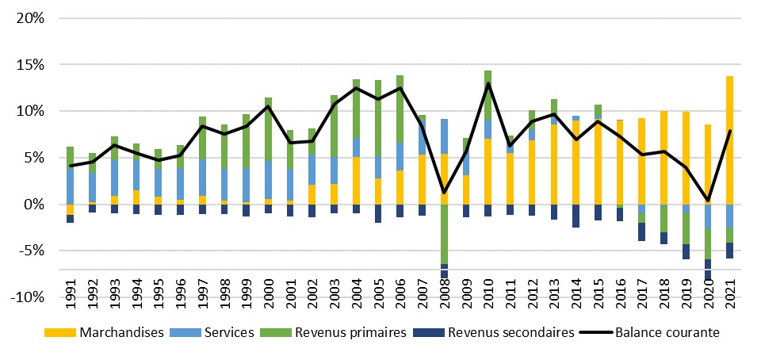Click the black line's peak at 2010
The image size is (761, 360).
pyautogui.click(x=488, y=83)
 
